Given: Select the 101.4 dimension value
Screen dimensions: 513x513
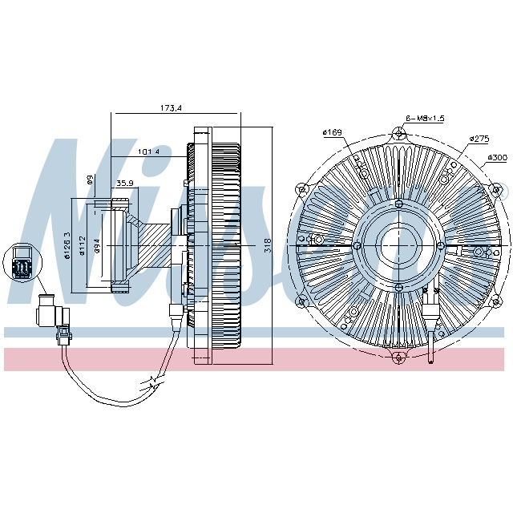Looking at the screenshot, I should point(148,151).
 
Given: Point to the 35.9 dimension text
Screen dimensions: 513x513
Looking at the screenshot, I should point(124,184).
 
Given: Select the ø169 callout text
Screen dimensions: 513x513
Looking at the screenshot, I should point(332,133).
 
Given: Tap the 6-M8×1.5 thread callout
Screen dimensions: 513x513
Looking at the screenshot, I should point(425,118).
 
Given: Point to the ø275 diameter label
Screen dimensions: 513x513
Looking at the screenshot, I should point(480,139).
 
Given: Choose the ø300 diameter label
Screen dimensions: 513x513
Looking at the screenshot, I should point(497,157).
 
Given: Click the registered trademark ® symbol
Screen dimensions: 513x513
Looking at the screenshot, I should point(503,192).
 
